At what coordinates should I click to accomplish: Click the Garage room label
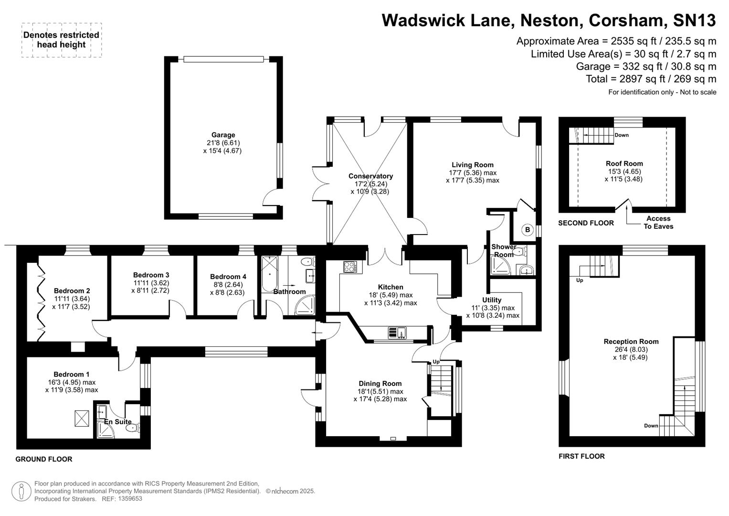click(x=223, y=135)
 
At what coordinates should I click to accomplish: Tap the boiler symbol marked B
click(x=528, y=230)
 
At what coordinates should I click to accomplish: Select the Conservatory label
click(x=370, y=176)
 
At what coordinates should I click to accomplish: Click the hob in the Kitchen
click(x=350, y=267)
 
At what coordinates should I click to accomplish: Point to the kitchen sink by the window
click(x=397, y=332)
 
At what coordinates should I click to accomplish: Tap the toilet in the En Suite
click(x=132, y=429)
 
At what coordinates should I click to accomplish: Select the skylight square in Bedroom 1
click(x=82, y=419)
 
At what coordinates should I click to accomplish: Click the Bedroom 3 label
click(x=151, y=275)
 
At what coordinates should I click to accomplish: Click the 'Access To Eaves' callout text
click(x=658, y=222)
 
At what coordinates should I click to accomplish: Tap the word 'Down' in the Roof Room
click(x=621, y=135)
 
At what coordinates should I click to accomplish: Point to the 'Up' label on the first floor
click(x=580, y=280)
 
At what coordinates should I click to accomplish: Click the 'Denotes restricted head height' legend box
click(x=62, y=40)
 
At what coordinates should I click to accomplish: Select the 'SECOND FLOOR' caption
click(x=586, y=223)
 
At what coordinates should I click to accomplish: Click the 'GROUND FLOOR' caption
click(x=44, y=459)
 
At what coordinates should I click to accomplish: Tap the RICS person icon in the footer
click(x=21, y=491)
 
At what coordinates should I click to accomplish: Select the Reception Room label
click(x=631, y=341)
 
